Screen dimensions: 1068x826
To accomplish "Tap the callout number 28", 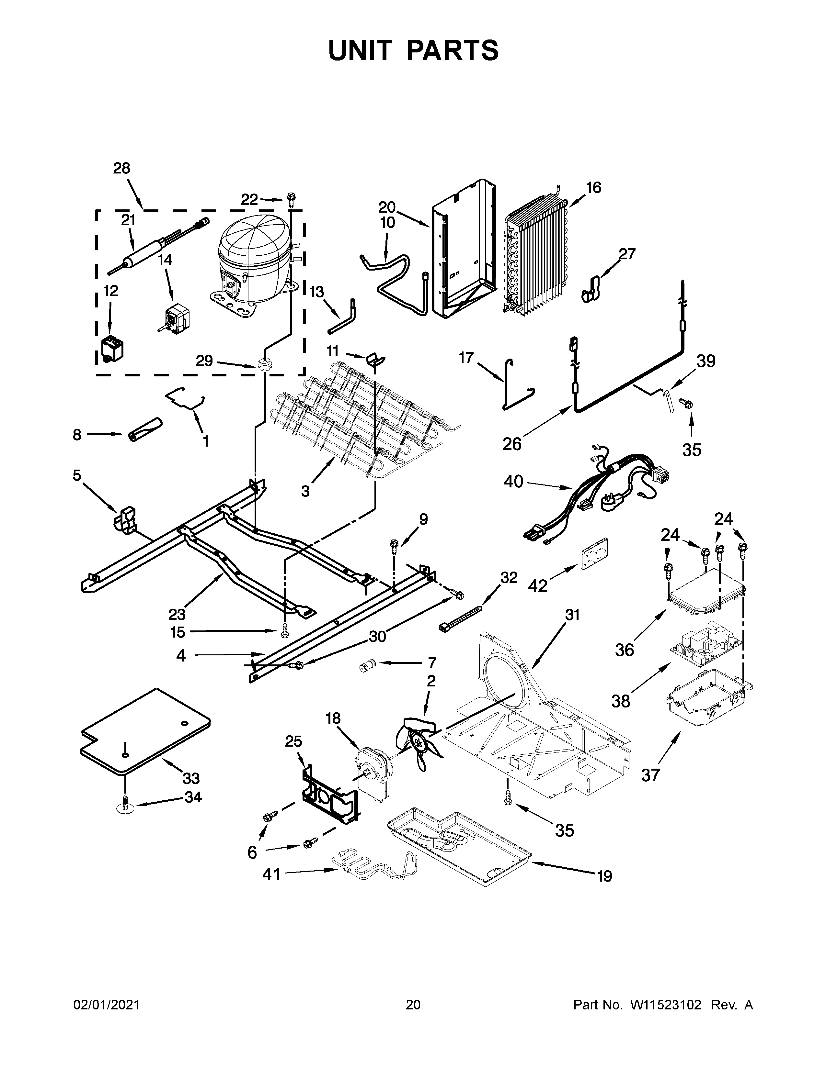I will click(x=122, y=168).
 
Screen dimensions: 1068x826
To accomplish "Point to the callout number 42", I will click(x=537, y=585).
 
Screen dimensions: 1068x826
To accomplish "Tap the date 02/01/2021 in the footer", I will click(x=106, y=1005).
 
